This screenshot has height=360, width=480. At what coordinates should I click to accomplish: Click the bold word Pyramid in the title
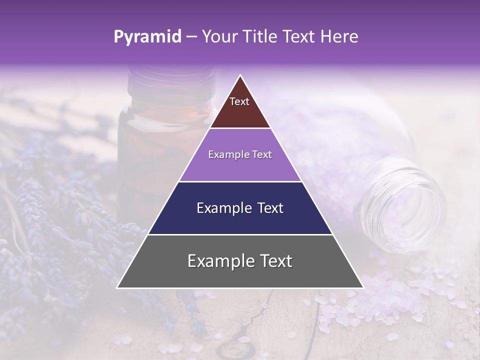(147, 37)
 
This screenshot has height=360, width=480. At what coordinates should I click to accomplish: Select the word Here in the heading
(339, 37)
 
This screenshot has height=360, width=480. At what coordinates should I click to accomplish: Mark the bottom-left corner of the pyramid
(117, 287)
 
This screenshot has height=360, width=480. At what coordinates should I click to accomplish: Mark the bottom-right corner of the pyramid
(363, 287)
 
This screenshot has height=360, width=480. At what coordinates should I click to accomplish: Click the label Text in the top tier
(239, 101)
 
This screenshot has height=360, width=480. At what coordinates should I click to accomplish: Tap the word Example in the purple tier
(226, 154)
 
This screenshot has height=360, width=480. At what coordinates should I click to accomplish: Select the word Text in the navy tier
(268, 208)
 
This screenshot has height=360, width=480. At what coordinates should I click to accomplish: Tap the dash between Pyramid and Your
(191, 37)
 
